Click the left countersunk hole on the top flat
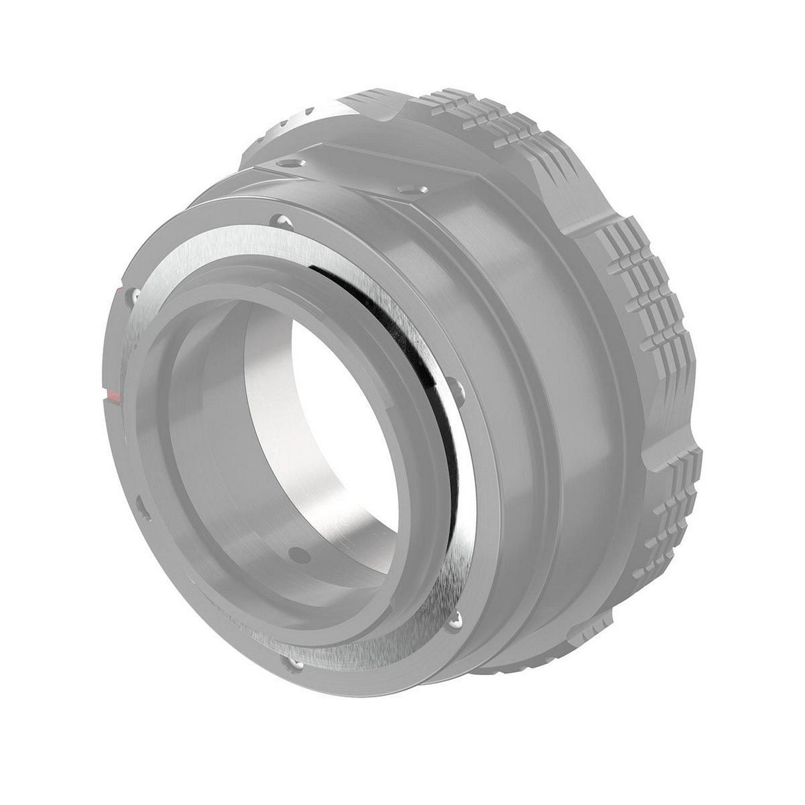point(286,163)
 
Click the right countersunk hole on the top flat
point(403,189)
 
